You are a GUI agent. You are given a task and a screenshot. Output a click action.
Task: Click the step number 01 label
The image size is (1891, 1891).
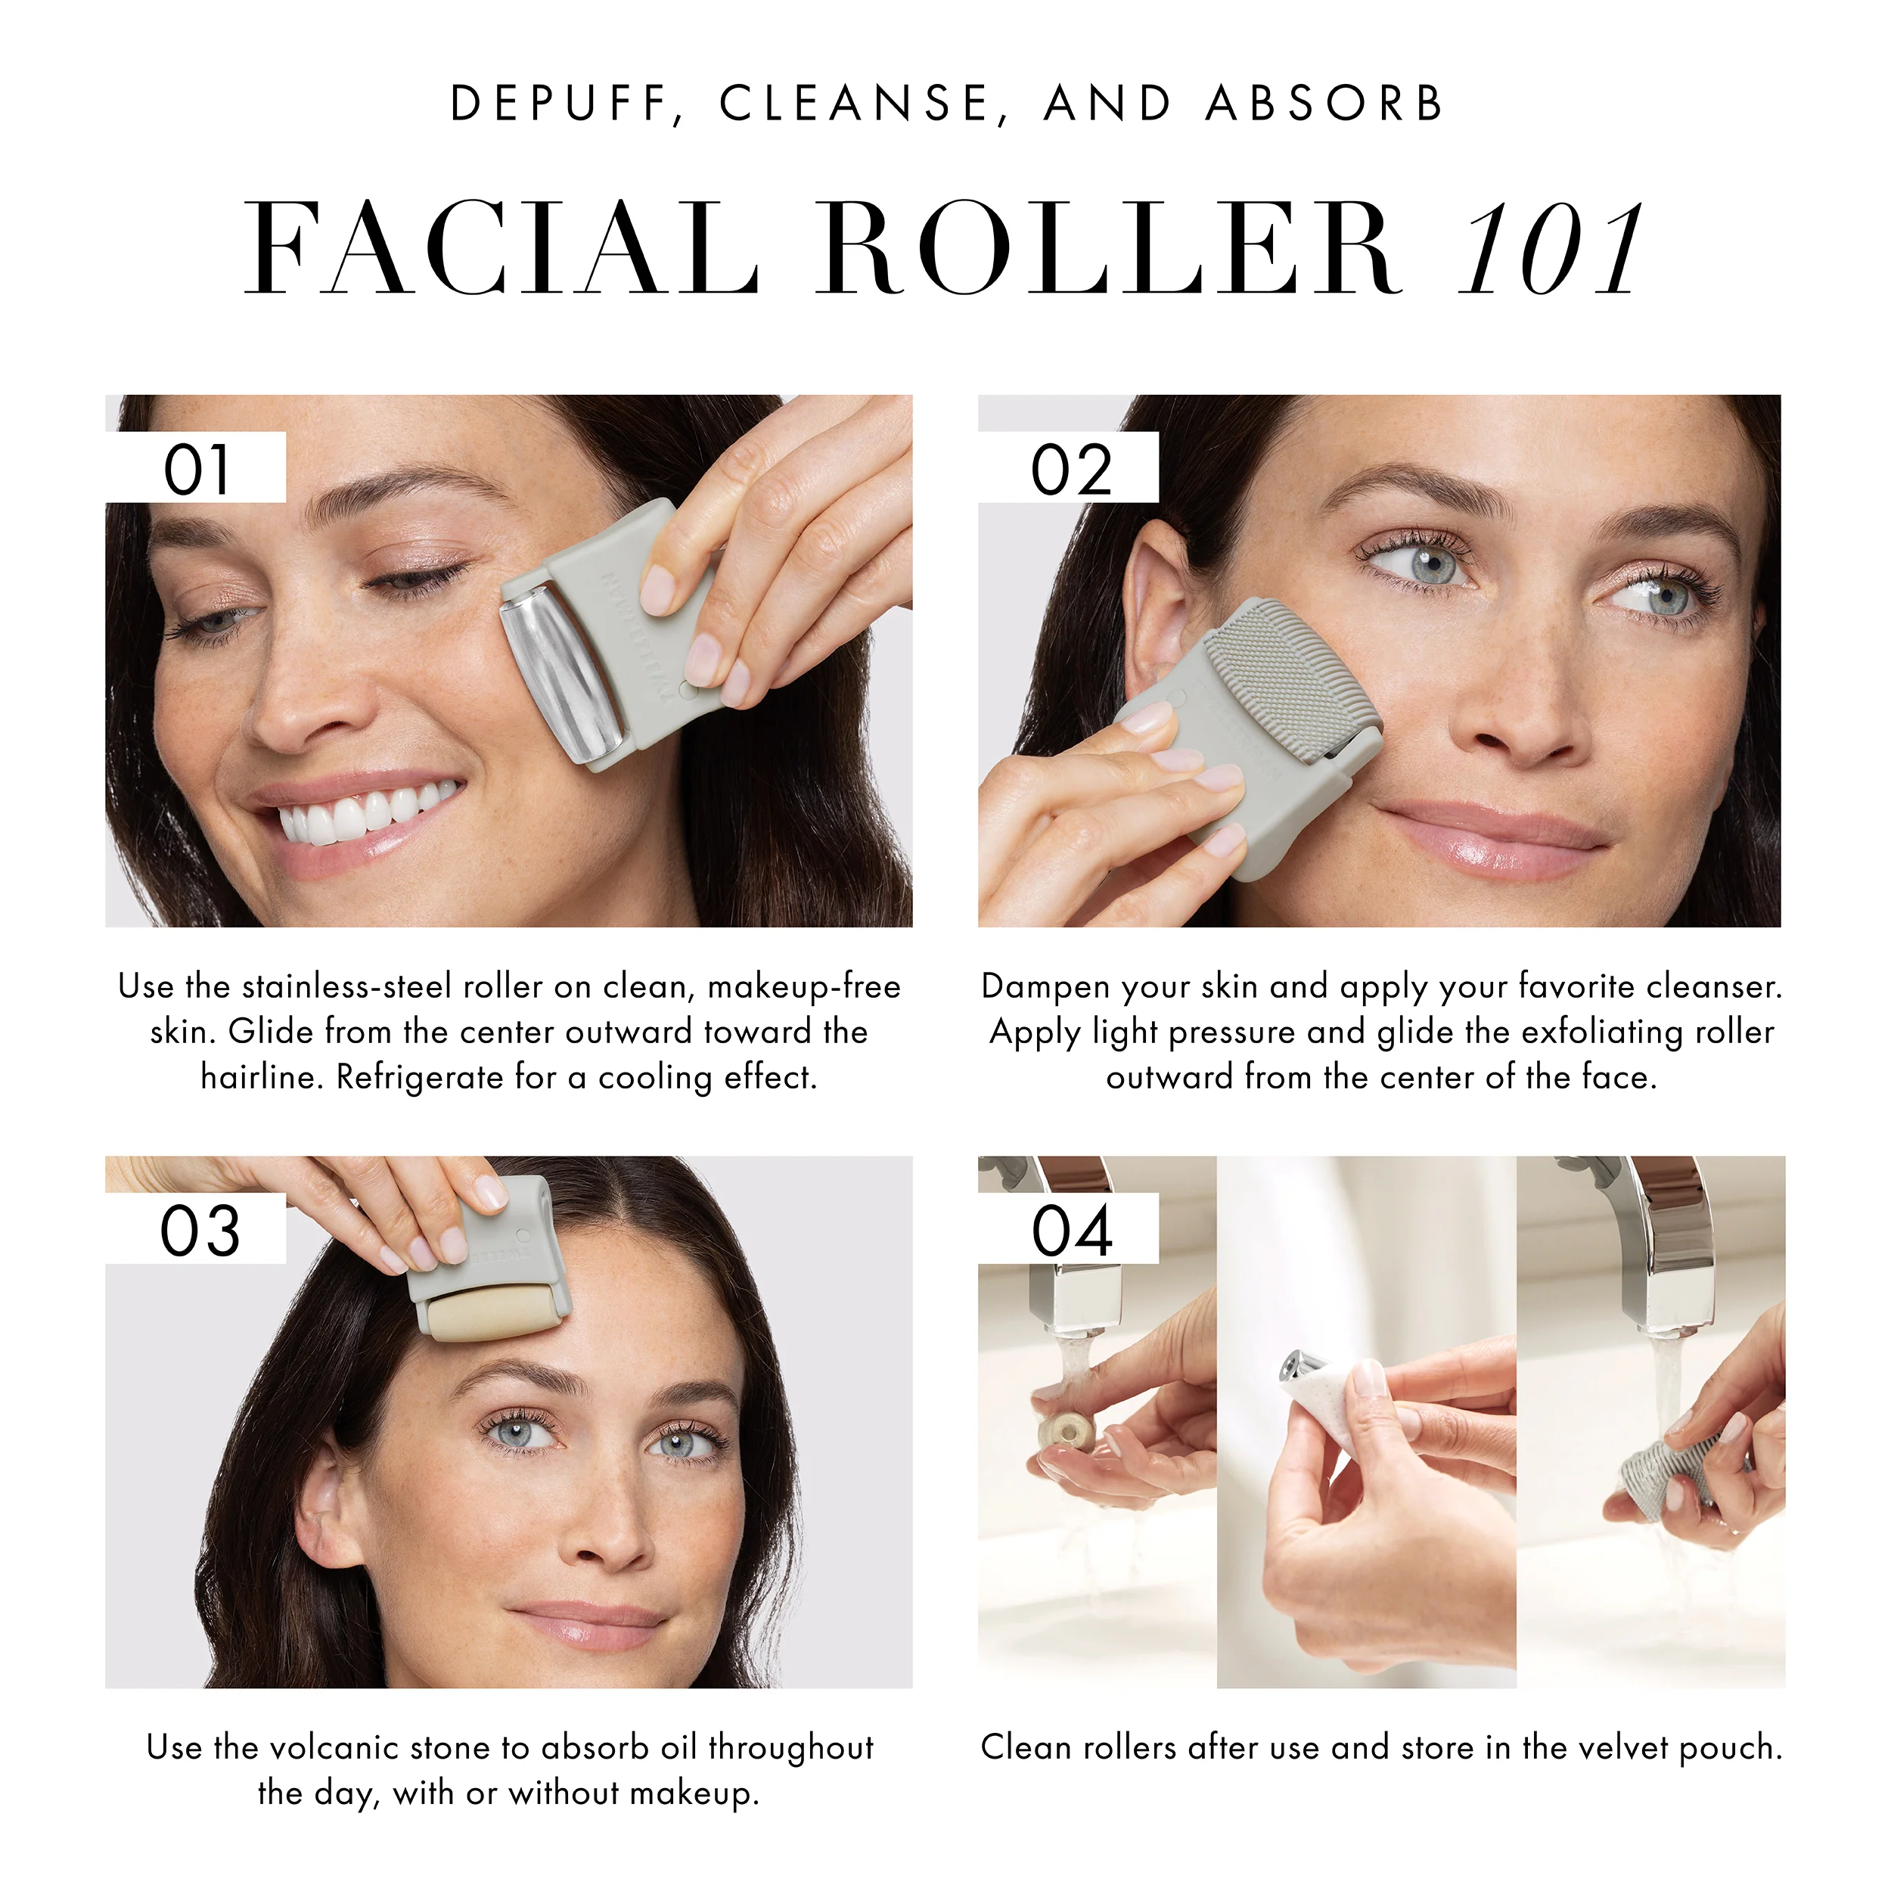[x=197, y=470]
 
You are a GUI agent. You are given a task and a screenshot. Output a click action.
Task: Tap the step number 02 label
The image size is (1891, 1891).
[x=1071, y=470]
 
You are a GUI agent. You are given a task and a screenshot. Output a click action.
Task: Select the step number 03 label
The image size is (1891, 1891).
[x=200, y=1231]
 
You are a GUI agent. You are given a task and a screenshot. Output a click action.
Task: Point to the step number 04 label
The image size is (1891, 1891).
[x=1072, y=1231]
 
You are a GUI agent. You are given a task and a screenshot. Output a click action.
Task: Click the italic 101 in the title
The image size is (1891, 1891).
[x=1551, y=250]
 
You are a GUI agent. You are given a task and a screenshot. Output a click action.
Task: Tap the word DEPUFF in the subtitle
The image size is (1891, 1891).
[x=558, y=104]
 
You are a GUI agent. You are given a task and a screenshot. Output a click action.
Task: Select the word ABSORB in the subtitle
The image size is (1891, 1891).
[x=1325, y=104]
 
